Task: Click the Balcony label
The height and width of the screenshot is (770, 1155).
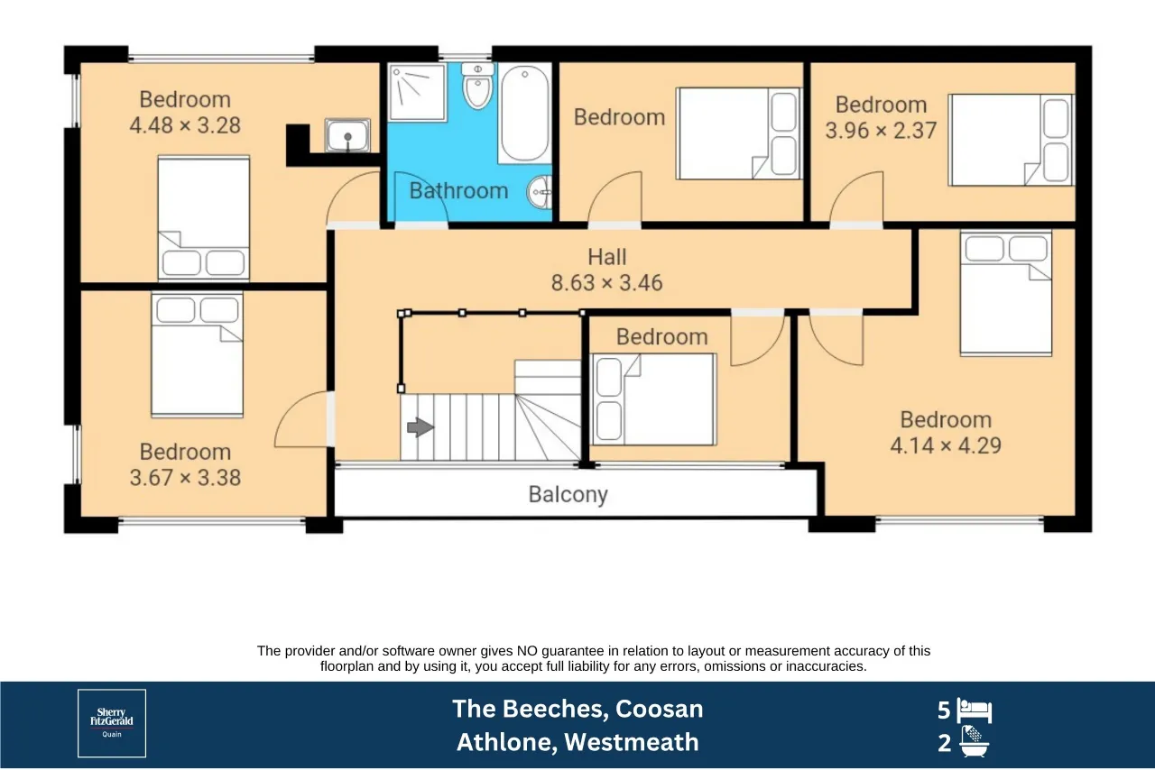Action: coord(568,494)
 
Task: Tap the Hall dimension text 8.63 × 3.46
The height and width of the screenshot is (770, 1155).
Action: coord(607,283)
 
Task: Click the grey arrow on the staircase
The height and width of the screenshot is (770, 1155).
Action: coord(420,426)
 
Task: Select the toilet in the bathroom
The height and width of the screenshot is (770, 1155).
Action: coord(477,86)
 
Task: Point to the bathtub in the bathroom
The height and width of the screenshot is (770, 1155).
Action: coord(525,114)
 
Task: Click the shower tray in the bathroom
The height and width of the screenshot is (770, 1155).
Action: coord(417,93)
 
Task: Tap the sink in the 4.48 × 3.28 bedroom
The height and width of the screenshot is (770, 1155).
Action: coord(347,135)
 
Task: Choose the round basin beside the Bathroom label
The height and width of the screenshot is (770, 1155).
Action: coord(540,192)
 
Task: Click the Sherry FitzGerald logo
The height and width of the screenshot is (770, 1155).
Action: coord(112,723)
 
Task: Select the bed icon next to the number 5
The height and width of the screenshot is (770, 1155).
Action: coord(974,710)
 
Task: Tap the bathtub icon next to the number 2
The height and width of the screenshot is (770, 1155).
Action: coord(974,742)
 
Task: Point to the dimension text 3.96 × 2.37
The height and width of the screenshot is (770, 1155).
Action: coord(881,131)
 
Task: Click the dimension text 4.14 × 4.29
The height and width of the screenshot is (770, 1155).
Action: coord(946,445)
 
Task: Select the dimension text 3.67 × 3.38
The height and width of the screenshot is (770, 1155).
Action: coord(185,478)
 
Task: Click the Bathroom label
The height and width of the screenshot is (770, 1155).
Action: coord(458,191)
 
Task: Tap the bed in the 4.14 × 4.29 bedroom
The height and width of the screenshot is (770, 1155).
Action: coord(1005,293)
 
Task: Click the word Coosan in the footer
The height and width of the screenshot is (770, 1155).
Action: coord(659,710)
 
